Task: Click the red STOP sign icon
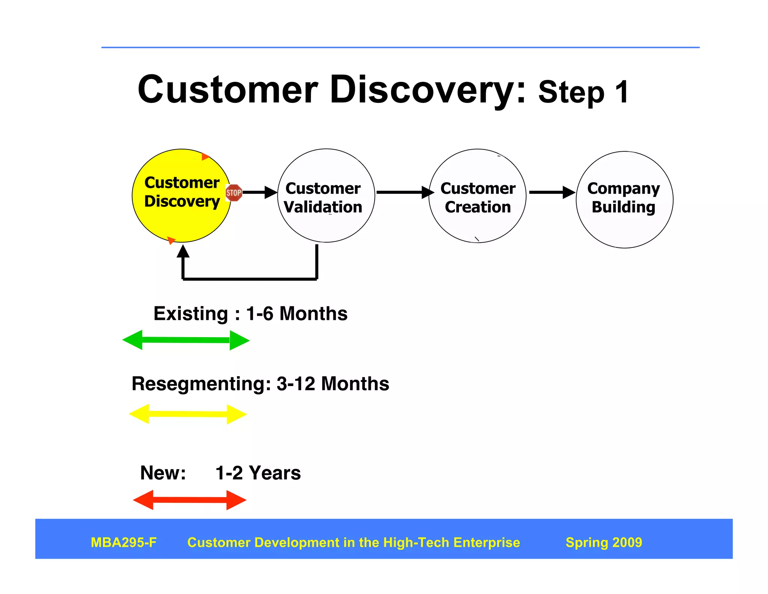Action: coord(234,193)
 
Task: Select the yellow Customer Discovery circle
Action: coord(181,222)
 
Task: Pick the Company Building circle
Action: coord(624,229)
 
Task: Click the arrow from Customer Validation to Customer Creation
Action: coord(403,192)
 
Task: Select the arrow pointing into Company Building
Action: coord(551,192)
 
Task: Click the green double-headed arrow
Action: coord(186,340)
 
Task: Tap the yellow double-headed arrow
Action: coord(187,414)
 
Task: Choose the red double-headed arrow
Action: coord(189,500)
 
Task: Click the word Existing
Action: coord(190,314)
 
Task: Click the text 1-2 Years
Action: coord(258,473)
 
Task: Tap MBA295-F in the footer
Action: coord(124,543)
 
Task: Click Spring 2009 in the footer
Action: coord(604,543)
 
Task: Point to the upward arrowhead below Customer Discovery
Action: coord(183,252)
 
